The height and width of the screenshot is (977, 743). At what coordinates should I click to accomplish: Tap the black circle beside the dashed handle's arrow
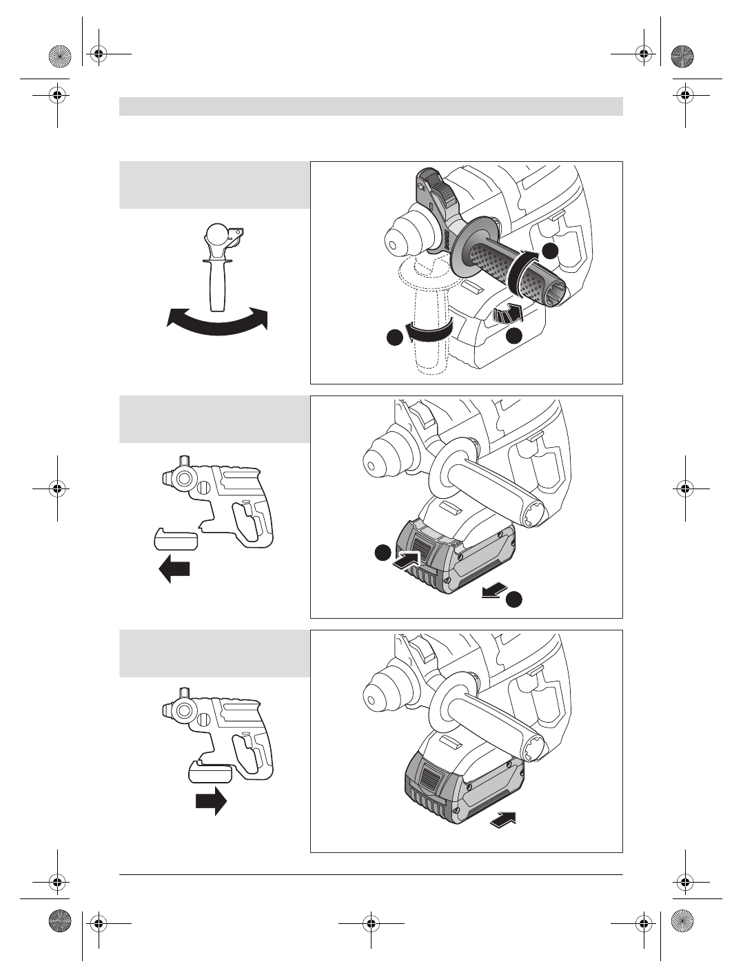point(394,338)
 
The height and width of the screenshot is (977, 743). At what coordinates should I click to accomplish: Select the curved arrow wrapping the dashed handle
point(429,331)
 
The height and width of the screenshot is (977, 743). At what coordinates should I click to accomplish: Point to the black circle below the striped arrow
point(513,336)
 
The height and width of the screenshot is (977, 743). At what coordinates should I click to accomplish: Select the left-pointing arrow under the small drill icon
point(174,570)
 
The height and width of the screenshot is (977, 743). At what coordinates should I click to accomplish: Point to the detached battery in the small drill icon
point(175,538)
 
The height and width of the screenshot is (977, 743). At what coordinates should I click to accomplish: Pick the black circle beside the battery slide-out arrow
point(513,600)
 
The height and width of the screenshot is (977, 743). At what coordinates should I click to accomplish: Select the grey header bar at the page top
point(371,106)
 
